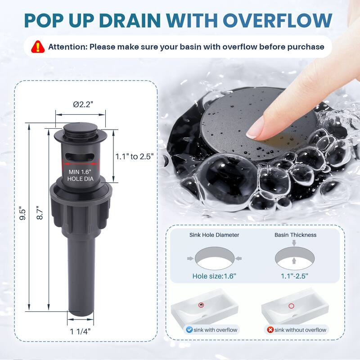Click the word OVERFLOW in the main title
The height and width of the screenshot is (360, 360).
click(x=277, y=20)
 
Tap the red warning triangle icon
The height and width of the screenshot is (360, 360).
click(x=38, y=47)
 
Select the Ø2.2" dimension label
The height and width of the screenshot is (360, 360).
click(x=83, y=104)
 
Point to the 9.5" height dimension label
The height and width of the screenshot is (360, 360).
click(x=23, y=214)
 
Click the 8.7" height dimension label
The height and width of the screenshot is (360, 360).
click(x=40, y=212)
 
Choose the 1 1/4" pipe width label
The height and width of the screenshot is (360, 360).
click(x=80, y=332)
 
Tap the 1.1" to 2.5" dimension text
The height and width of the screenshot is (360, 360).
click(x=134, y=157)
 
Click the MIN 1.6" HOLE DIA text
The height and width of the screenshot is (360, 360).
click(x=81, y=175)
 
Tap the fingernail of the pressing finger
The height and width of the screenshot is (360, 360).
click(x=255, y=130)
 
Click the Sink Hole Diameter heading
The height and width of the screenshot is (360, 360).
click(x=214, y=235)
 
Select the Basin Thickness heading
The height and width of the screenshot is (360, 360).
click(x=296, y=235)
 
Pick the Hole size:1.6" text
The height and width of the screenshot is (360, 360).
click(x=214, y=276)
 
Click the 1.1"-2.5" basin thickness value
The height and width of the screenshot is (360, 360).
click(x=295, y=276)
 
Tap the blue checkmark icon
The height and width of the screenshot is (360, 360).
click(x=189, y=330)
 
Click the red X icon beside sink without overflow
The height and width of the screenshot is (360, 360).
click(x=270, y=330)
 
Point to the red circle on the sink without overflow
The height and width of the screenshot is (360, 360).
click(x=291, y=306)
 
